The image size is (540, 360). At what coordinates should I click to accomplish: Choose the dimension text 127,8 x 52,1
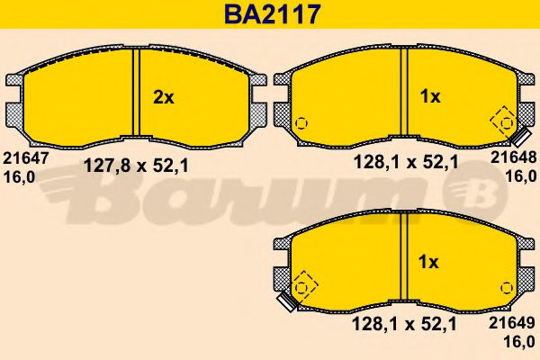tap(135, 165)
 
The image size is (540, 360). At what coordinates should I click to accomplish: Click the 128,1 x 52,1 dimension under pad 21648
tap(407, 163)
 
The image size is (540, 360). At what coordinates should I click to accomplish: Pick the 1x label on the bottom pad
tap(430, 263)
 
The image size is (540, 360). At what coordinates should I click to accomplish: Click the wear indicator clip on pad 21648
tap(519, 137)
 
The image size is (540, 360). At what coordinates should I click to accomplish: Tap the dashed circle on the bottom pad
tap(303, 288)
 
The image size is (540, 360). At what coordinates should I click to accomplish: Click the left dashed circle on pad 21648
tap(301, 123)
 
